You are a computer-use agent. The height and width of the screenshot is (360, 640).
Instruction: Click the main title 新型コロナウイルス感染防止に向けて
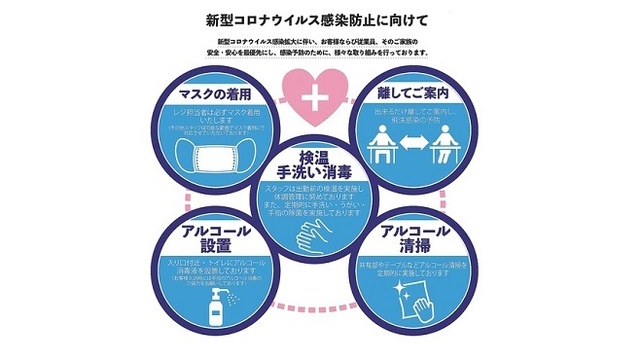[319, 19]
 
